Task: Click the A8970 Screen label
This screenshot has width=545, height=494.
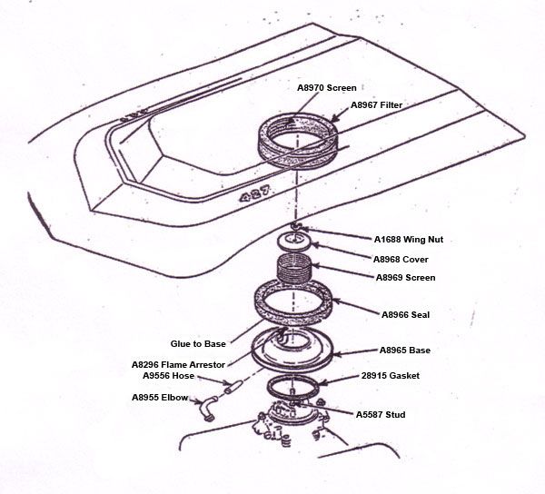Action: (x=327, y=88)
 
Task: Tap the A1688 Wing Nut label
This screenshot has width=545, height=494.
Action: (x=409, y=241)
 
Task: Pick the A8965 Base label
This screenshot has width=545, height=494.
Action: (x=405, y=350)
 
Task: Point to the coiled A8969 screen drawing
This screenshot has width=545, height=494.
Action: (x=296, y=270)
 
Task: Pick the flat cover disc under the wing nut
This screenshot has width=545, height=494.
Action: (x=295, y=241)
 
